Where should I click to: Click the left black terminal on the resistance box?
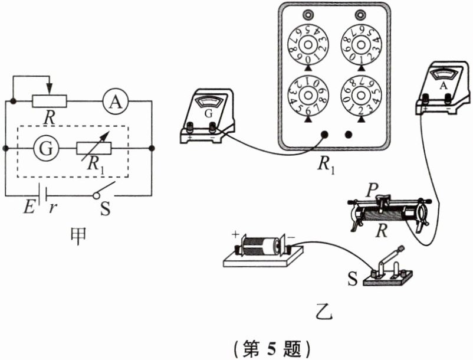coord(323,134)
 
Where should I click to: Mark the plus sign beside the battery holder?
coord(235,235)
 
